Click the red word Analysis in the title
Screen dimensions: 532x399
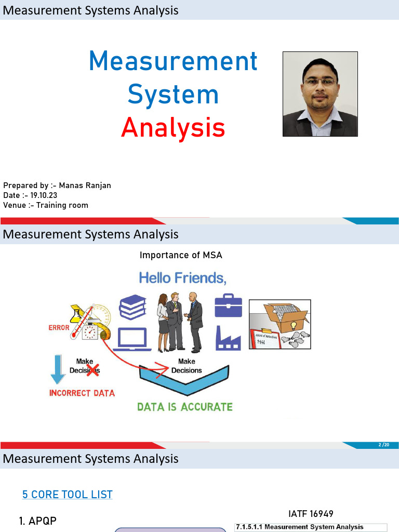(x=173, y=128)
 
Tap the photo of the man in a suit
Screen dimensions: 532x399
(x=320, y=94)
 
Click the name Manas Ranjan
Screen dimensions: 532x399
(x=85, y=185)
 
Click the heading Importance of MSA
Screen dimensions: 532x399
(x=181, y=255)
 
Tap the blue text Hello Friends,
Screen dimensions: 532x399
(x=183, y=278)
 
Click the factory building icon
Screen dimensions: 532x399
(x=228, y=338)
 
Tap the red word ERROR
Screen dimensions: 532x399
(x=59, y=328)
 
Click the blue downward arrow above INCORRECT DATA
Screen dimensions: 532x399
(x=58, y=368)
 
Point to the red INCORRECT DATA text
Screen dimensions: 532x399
(x=82, y=393)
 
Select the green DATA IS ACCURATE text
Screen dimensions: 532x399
(x=185, y=407)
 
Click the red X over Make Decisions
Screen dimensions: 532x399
(x=93, y=369)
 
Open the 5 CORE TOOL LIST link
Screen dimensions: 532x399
(x=68, y=495)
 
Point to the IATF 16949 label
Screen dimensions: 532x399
(x=311, y=514)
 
